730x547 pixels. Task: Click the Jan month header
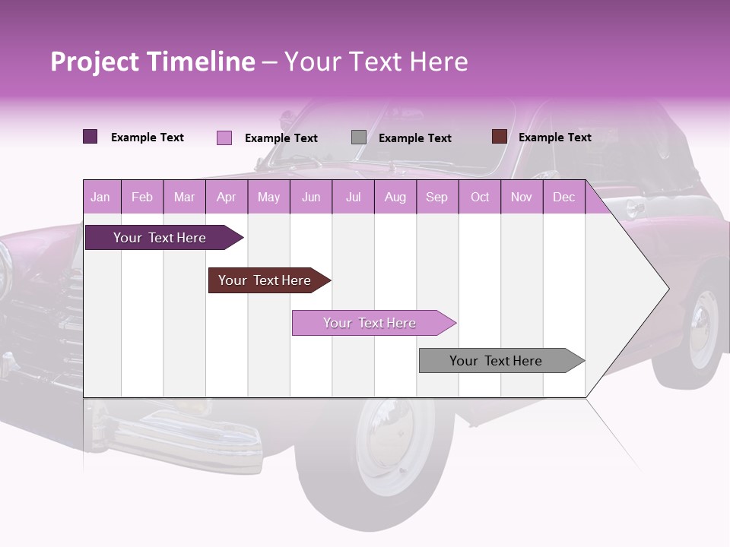tap(101, 198)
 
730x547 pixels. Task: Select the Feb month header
tap(142, 198)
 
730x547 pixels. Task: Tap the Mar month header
tap(184, 198)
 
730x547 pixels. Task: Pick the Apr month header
tap(227, 198)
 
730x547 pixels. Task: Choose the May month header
tap(268, 198)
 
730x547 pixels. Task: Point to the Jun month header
tap(311, 198)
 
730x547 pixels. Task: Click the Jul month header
tap(353, 198)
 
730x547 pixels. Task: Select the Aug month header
tap(395, 198)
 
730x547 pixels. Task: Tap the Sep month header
tap(437, 198)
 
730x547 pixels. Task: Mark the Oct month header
tap(480, 198)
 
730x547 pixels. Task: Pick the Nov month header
tap(522, 198)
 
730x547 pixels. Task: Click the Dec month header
tap(564, 198)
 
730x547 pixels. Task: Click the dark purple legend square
tap(90, 137)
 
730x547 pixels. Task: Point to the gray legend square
tap(359, 138)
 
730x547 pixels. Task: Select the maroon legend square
tap(499, 137)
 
